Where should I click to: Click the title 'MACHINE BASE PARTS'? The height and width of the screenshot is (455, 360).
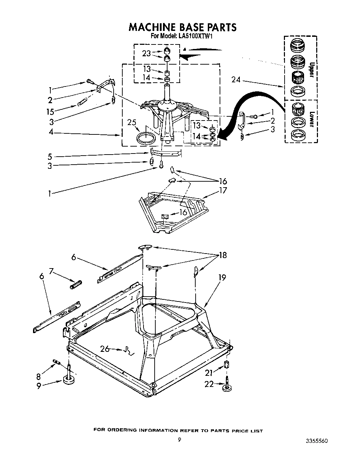(x=182, y=27)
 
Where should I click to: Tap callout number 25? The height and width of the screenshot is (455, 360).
(x=132, y=123)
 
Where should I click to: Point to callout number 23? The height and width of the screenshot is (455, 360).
(x=146, y=53)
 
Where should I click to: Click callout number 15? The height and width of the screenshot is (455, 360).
(x=51, y=112)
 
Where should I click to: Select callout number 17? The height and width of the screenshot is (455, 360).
(x=222, y=190)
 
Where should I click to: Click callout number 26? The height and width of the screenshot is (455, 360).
(x=105, y=348)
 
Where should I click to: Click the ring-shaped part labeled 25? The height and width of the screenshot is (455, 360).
(x=147, y=138)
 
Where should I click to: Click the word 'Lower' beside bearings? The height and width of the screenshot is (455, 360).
(x=312, y=119)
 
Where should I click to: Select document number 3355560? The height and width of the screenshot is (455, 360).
(x=316, y=441)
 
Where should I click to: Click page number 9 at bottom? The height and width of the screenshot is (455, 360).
(x=179, y=439)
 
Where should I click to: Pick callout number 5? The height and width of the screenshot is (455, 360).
(x=50, y=156)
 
